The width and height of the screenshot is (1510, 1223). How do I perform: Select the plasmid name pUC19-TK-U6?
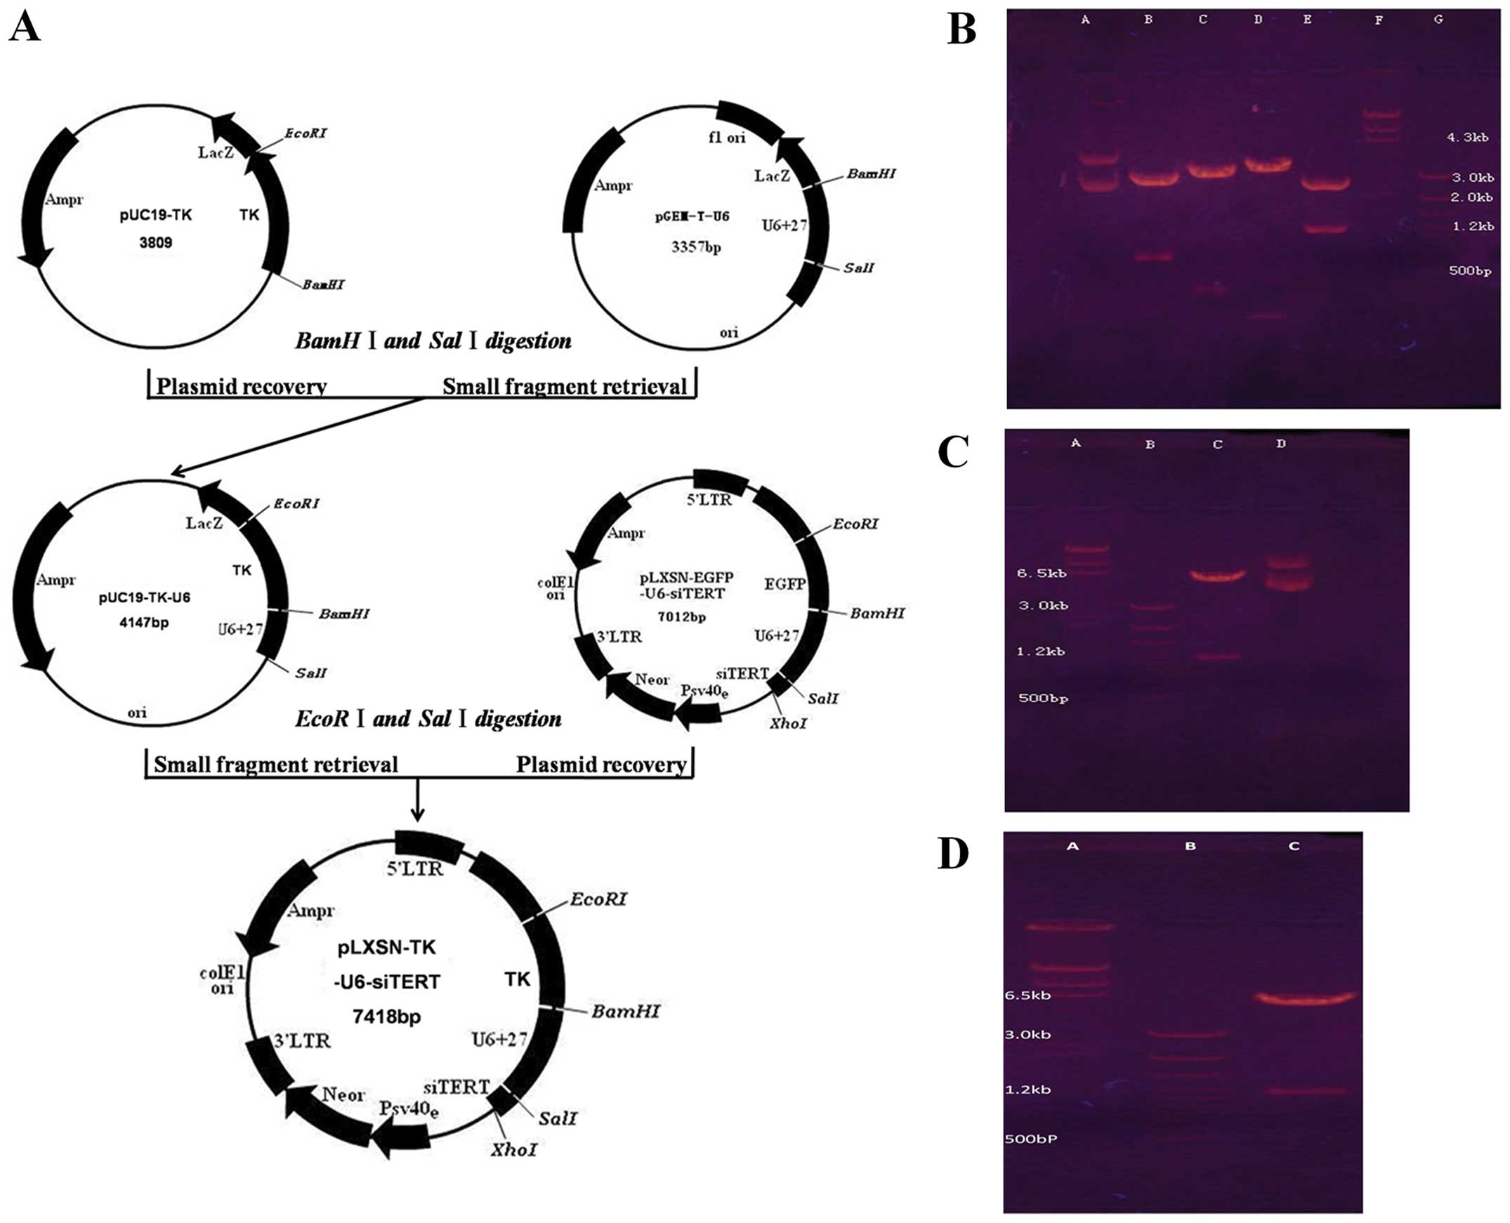coord(145,597)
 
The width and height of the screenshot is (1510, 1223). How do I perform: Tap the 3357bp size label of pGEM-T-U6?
coord(695,247)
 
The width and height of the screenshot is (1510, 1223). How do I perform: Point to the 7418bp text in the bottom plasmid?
coord(387,1016)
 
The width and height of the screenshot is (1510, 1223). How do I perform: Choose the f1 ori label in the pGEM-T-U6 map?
coord(727,138)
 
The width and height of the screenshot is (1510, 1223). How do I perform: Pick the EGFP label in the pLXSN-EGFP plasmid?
coord(785,583)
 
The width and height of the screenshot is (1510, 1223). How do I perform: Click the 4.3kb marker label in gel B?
coord(1468,138)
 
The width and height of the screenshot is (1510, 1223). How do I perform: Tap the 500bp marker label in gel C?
coord(1043,698)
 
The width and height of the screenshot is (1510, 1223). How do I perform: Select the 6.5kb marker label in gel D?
coord(1028,995)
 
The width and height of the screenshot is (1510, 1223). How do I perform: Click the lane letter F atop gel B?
coord(1378,20)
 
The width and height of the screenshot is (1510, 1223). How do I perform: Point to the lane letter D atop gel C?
coord(1281,444)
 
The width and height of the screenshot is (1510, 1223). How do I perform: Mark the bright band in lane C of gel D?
coord(1304,997)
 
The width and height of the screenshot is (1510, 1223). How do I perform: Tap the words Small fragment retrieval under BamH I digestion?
coord(565,386)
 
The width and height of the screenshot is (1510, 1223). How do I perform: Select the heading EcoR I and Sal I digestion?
coord(428,719)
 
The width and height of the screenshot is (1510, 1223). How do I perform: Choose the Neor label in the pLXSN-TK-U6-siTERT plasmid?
coord(343,1094)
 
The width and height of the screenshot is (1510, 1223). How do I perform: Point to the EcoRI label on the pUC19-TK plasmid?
coord(306,133)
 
